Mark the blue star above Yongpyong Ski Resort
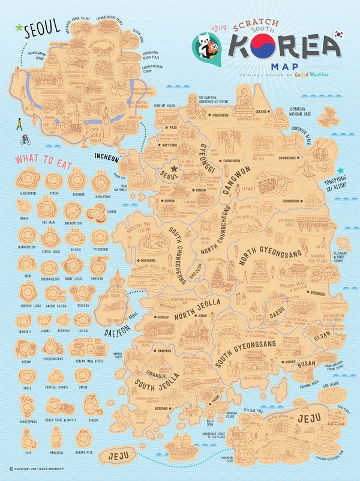340,170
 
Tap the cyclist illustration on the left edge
25,140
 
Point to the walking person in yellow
19,124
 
